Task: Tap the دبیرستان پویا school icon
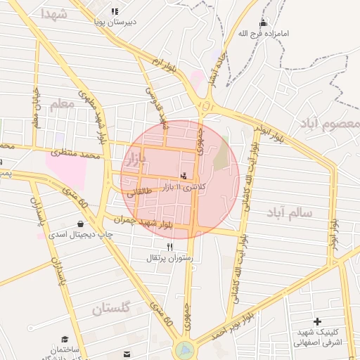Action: tap(115, 11)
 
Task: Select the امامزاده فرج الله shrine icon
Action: tap(263, 23)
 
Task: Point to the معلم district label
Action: tap(61, 104)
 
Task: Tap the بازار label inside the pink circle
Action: tap(134, 160)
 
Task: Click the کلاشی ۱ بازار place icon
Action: tap(184, 176)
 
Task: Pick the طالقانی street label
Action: tap(139, 191)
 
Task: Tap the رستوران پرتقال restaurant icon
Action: tap(169, 247)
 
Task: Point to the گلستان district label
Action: tap(110, 307)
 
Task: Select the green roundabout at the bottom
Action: tap(185, 348)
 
